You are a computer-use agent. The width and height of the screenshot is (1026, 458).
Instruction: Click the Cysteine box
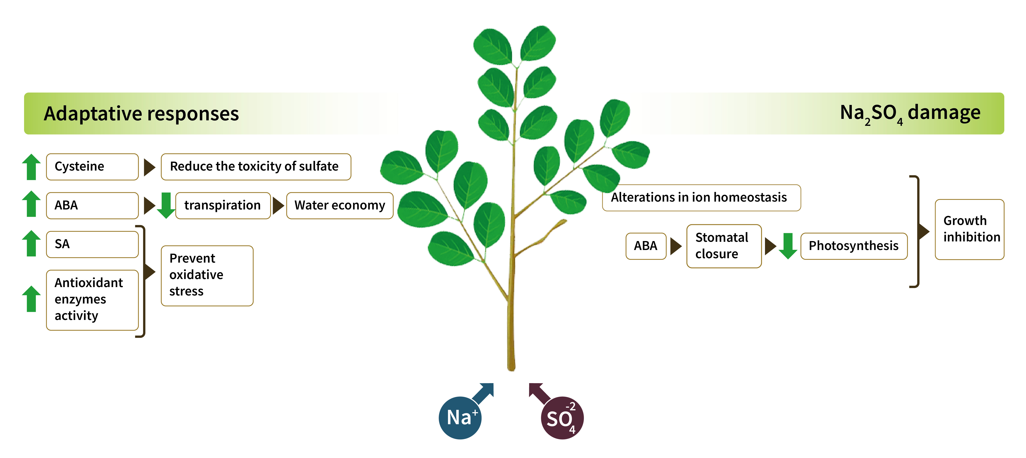(x=92, y=167)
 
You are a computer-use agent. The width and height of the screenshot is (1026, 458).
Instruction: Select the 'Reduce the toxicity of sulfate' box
(x=256, y=167)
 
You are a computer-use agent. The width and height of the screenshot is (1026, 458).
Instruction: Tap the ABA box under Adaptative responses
(x=92, y=205)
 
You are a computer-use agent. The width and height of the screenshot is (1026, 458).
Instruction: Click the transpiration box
(x=223, y=205)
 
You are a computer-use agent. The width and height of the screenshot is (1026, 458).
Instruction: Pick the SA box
(x=92, y=244)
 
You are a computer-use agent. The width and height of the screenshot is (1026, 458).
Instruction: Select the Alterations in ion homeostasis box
(x=701, y=197)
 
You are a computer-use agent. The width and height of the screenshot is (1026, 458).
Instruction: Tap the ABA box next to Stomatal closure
(x=646, y=246)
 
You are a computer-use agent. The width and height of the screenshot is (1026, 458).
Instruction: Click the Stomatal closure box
(x=724, y=246)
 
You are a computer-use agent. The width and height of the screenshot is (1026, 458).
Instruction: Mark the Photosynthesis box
(x=853, y=246)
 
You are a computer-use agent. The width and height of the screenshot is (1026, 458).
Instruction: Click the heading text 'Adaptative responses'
(x=141, y=114)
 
